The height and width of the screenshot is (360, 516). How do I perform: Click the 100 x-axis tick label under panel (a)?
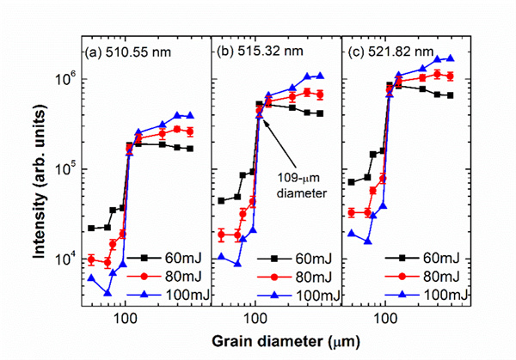pyautogui.click(x=125, y=318)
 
